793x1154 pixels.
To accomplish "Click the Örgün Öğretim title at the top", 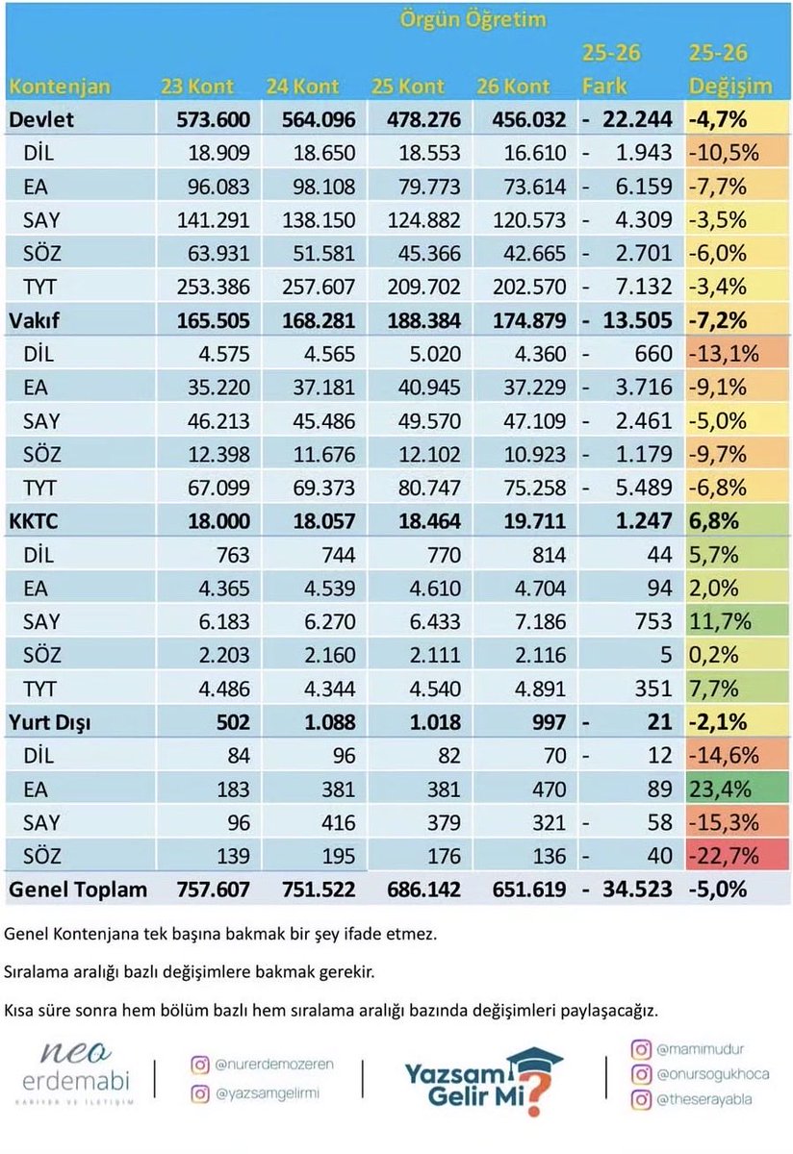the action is click(473, 19).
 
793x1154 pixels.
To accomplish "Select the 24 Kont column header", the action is click(302, 87).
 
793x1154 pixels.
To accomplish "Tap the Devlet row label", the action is click(41, 119).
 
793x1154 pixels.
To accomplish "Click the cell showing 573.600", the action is click(214, 119).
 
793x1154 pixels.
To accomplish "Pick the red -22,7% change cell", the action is click(737, 856).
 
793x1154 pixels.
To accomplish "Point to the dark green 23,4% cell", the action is click(737, 789).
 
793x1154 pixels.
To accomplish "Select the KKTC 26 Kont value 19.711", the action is click(529, 521).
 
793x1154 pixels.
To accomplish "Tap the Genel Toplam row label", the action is click(78, 890).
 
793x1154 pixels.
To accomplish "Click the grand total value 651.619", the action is click(529, 890).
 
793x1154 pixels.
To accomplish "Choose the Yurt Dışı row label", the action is click(49, 722).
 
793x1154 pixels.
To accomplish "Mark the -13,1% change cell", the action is click(737, 354).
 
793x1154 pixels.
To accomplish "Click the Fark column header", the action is click(604, 87).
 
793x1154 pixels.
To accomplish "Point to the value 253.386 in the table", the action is click(214, 287).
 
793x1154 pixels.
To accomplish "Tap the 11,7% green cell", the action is click(737, 621).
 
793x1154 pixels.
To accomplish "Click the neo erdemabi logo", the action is click(76, 1073).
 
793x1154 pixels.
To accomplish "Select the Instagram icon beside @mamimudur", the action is click(641, 1049).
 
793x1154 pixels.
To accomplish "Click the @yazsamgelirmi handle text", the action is click(268, 1093).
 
